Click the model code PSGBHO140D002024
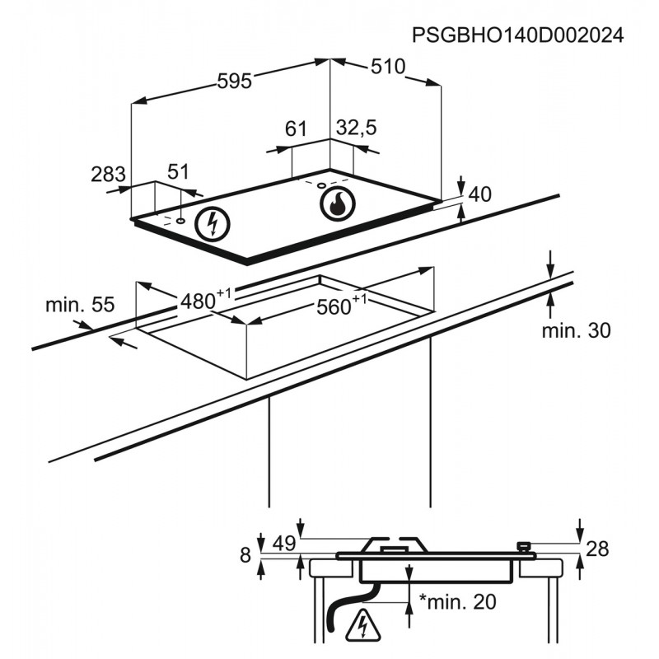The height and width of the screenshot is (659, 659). (x=516, y=35)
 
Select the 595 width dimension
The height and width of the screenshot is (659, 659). (x=234, y=81)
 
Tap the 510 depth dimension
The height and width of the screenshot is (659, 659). (x=387, y=67)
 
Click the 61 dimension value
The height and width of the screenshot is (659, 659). (x=296, y=129)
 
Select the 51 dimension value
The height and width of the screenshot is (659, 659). (x=179, y=171)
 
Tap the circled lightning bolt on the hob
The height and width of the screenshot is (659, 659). (x=213, y=223)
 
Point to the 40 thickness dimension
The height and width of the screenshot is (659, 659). (x=479, y=195)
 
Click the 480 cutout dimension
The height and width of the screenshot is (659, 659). (x=199, y=301)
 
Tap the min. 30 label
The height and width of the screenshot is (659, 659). (x=577, y=331)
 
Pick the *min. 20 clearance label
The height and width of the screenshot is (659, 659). (x=458, y=602)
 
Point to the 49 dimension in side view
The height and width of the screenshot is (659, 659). (x=283, y=544)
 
